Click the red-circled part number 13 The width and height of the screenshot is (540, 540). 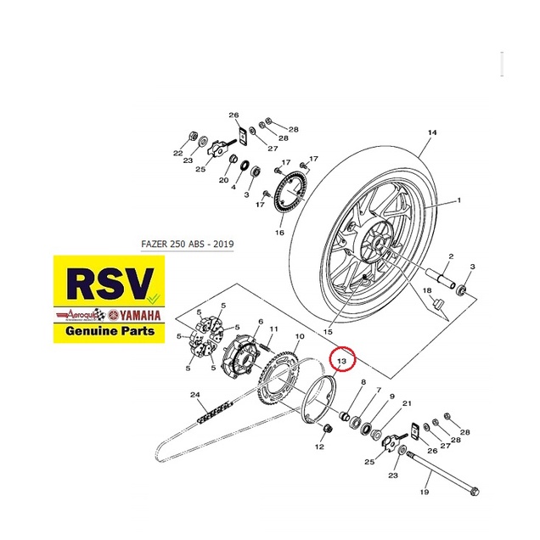[343, 361]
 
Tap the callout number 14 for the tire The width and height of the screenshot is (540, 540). [431, 132]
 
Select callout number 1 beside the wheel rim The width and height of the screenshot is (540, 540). [458, 200]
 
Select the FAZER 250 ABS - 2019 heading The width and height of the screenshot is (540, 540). [187, 244]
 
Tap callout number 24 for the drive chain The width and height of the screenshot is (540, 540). [194, 394]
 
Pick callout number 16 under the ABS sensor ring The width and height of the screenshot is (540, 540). [279, 232]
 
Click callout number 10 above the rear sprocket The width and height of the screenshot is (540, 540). [299, 337]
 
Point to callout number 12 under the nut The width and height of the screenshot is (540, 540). [319, 446]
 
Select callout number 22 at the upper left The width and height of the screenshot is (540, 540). [178, 154]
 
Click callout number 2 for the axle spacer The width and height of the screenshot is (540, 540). [451, 256]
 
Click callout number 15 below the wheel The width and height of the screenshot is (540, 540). [329, 331]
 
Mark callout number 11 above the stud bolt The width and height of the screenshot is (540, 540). [273, 329]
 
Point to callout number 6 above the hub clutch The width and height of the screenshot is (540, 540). [249, 322]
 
